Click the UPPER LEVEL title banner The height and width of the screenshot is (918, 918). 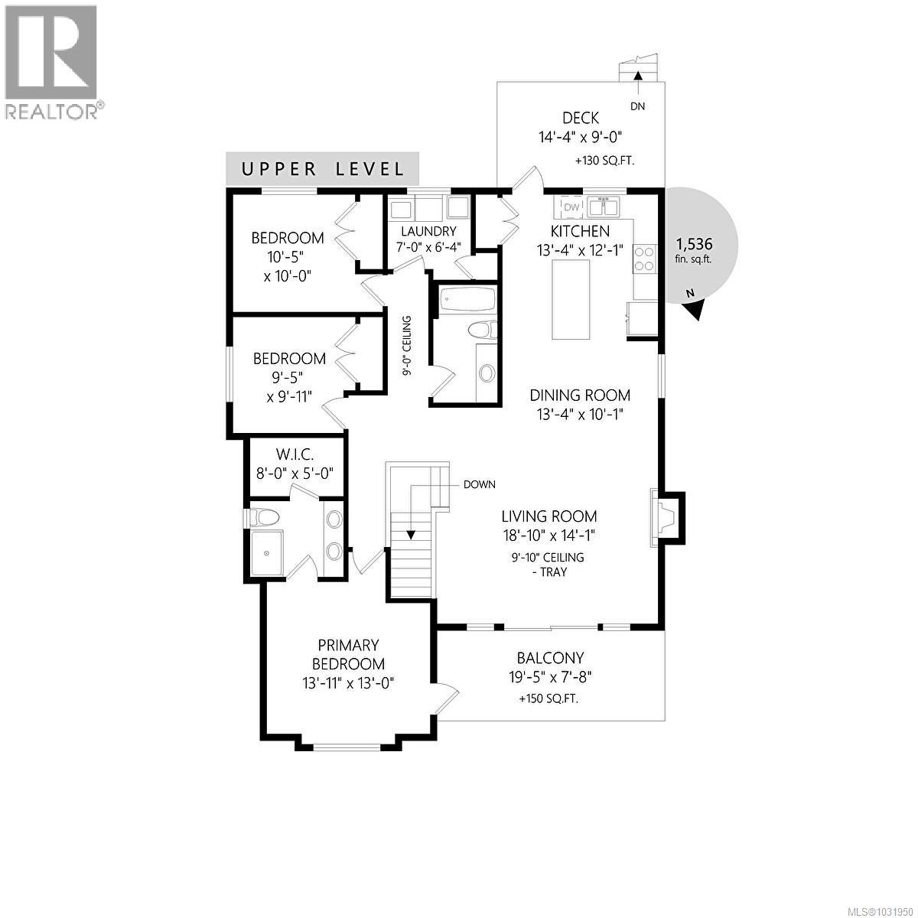(x=323, y=169)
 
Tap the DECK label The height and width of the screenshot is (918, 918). (x=580, y=118)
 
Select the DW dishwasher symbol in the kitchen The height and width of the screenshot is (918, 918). (x=571, y=207)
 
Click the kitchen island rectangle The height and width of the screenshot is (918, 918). (x=571, y=299)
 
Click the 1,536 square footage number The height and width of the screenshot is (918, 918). (x=694, y=244)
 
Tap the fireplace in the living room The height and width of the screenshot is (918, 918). (x=664, y=518)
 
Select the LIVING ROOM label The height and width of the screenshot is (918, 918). (x=549, y=516)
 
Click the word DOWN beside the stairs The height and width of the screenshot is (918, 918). (x=479, y=484)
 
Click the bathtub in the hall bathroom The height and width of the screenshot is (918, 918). (x=465, y=299)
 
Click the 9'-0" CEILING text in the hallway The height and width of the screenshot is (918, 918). (x=408, y=345)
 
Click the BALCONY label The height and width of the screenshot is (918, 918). (x=550, y=658)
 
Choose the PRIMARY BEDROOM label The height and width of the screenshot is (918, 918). (x=349, y=655)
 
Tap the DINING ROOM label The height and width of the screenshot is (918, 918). (x=581, y=396)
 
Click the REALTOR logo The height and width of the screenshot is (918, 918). (x=52, y=61)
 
